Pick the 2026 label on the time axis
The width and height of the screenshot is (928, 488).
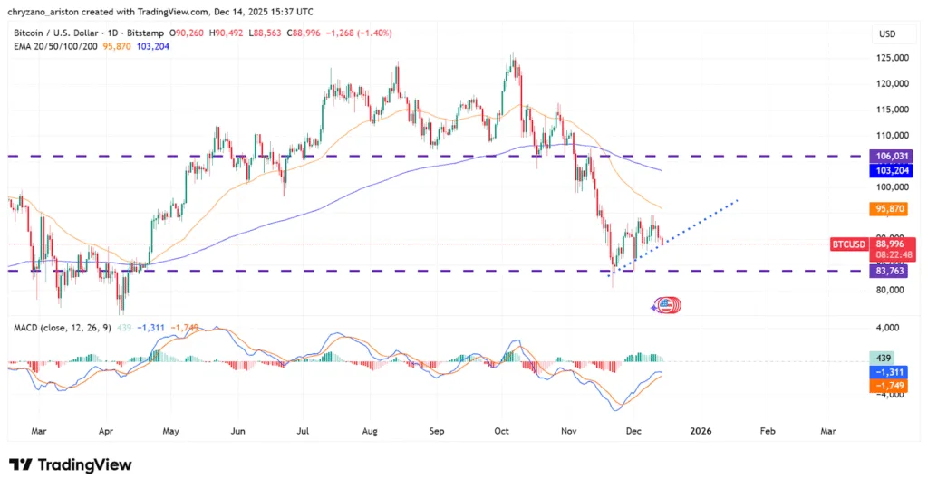tap(700, 432)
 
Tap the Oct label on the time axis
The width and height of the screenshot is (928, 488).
tap(501, 432)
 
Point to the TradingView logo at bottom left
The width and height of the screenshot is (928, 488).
tap(71, 464)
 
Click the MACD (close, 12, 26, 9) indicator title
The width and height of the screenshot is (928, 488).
tap(59, 326)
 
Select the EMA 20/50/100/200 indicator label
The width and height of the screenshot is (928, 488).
tap(55, 46)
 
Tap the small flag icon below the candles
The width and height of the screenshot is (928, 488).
tap(665, 305)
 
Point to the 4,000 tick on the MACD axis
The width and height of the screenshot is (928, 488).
tap(885, 327)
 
